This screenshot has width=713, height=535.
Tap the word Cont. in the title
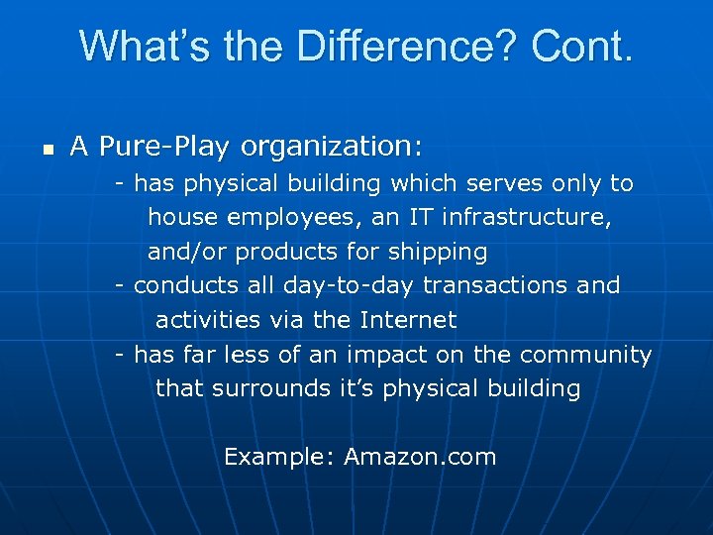[x=581, y=46]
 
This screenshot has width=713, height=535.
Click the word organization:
[x=331, y=148]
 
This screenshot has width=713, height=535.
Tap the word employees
[x=281, y=218]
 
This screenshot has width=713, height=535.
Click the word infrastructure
[x=526, y=217]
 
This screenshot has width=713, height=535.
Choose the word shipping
[x=443, y=253]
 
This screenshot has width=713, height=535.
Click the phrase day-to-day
[x=349, y=286]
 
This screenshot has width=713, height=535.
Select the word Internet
[x=408, y=320]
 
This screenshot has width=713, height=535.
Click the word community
[x=585, y=355]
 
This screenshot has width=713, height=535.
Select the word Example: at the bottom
[x=280, y=457]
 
